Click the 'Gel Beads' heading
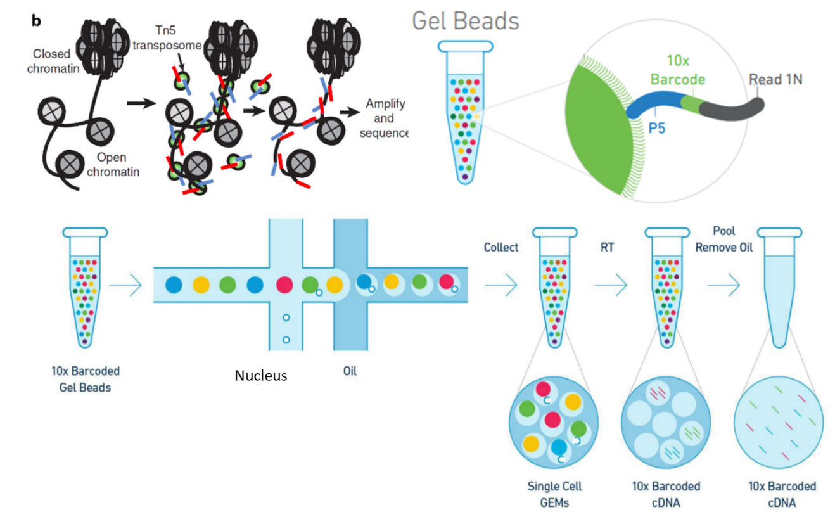pos(466,21)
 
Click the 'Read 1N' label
pos(775,80)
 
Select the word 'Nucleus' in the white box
pos(261,375)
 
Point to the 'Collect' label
pos(500,246)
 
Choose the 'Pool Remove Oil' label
pos(723,240)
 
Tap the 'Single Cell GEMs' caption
pos(555,494)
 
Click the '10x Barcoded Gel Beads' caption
pos(84,378)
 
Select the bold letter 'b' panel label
pos(37,22)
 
